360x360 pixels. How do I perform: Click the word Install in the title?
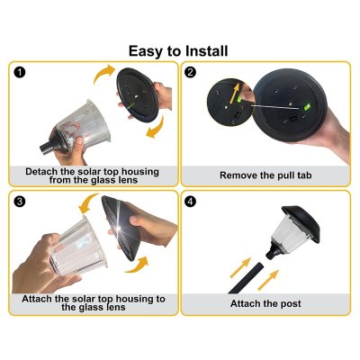point(204,50)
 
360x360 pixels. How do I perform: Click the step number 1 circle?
point(20,74)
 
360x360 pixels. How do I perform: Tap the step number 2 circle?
point(191,74)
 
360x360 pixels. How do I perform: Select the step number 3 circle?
point(20,201)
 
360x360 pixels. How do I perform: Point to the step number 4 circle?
point(191,201)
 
